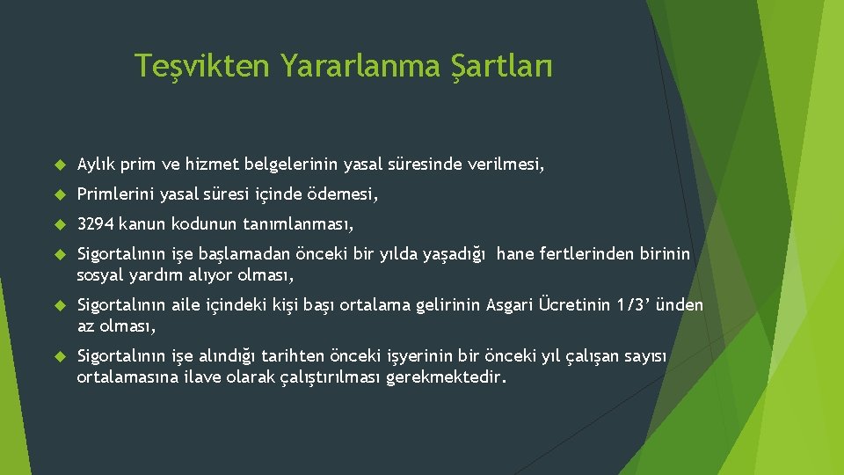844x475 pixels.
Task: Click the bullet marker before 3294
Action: click(61, 223)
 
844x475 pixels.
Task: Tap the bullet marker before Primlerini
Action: click(61, 194)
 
